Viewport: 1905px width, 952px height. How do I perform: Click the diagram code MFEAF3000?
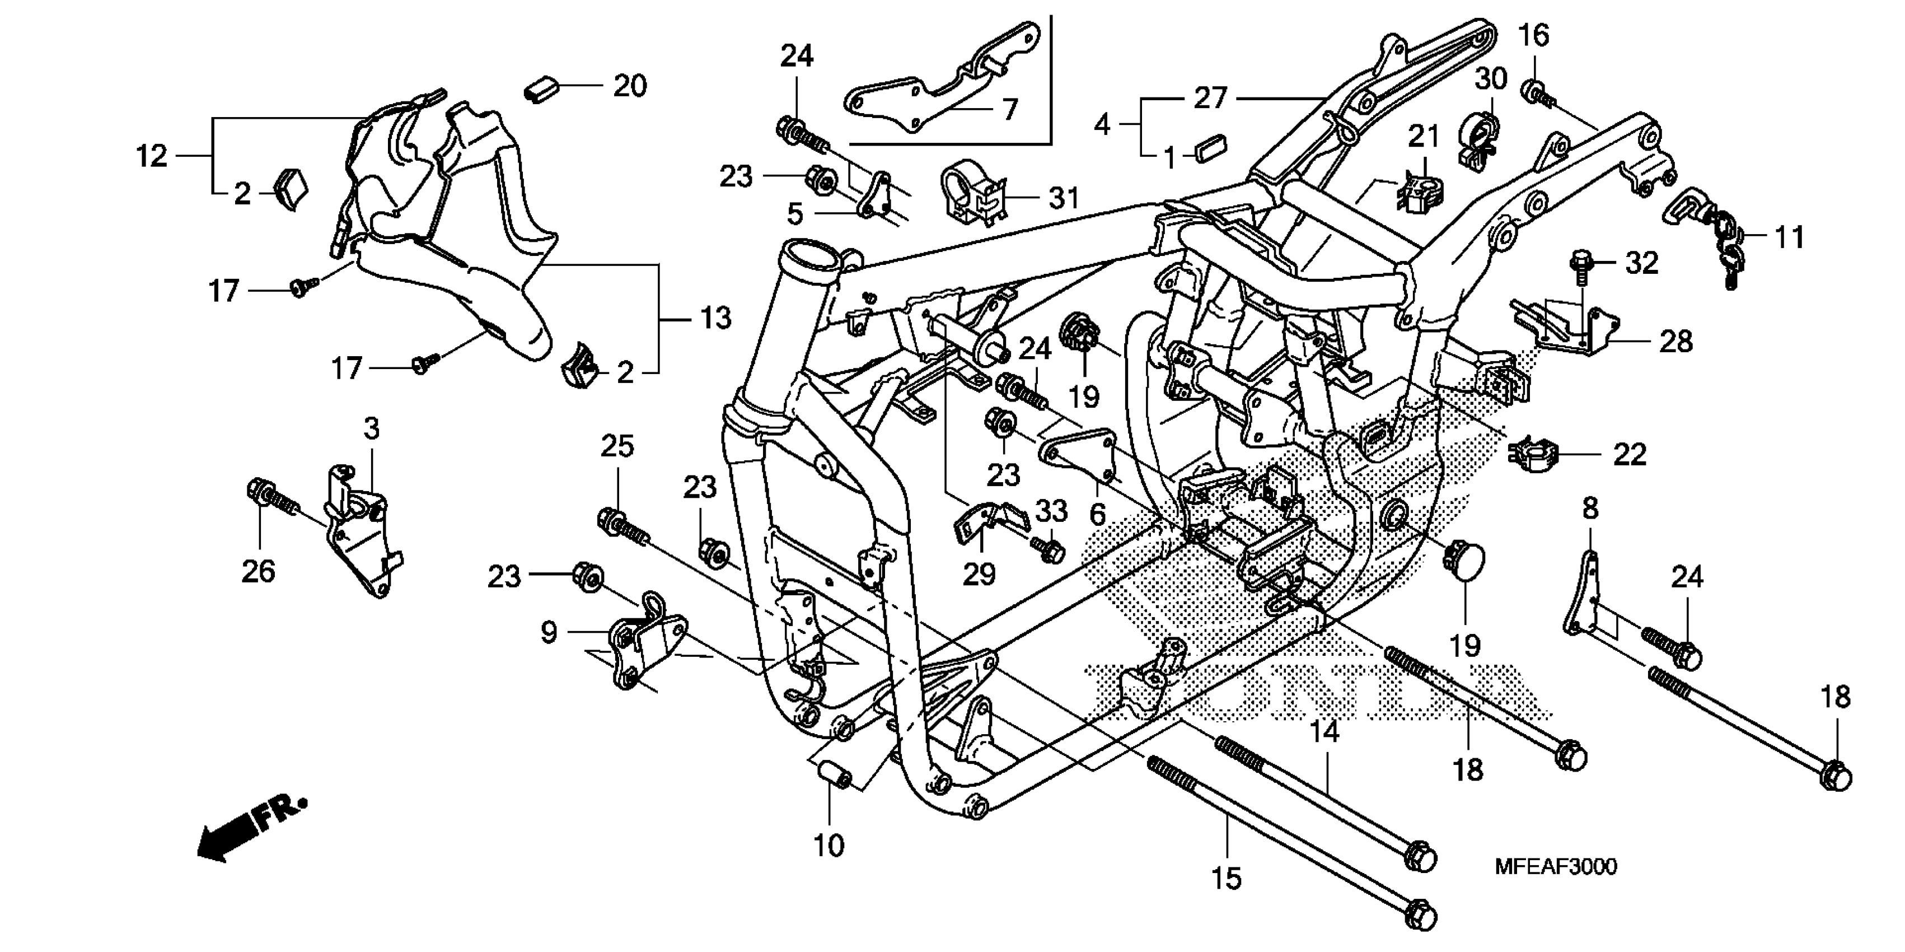click(1556, 866)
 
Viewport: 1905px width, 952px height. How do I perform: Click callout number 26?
click(258, 571)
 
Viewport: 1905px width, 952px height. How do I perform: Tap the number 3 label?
click(371, 428)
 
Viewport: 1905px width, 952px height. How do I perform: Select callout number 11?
click(1790, 237)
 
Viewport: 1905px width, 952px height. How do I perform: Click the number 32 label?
click(1642, 263)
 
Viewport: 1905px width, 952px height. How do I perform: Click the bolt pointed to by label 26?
click(270, 496)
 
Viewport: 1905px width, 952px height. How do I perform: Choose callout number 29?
click(979, 574)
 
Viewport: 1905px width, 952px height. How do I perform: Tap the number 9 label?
click(548, 632)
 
